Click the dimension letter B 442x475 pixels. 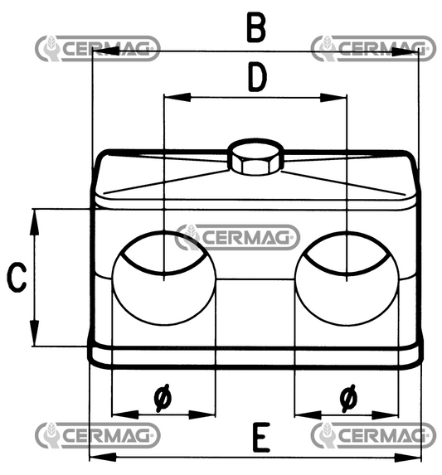pos(257,27)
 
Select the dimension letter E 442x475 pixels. pos(261,437)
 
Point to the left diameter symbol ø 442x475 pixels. pos(163,399)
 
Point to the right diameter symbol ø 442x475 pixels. pos(348,399)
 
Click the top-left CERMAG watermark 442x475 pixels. pos(98,48)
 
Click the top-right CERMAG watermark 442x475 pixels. pos(373,48)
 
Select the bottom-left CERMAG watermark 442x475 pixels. pos(98,434)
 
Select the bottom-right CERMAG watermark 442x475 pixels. pos(373,434)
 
